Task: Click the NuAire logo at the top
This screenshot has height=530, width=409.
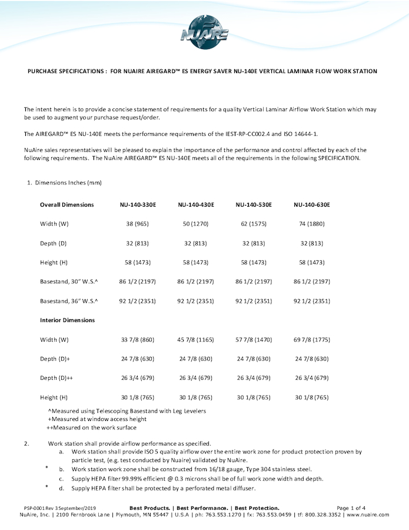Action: pyautogui.click(x=204, y=30)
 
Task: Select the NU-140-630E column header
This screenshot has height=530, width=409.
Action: pyautogui.click(x=312, y=205)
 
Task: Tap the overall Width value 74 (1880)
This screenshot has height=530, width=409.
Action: pyautogui.click(x=312, y=224)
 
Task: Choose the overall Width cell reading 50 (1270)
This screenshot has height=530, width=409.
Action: pyautogui.click(x=196, y=224)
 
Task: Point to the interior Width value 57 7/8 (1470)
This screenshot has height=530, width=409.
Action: pyautogui.click(x=254, y=340)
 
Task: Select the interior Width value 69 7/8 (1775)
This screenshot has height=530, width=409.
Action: pyautogui.click(x=312, y=340)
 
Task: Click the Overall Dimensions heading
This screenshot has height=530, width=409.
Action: pyautogui.click(x=66, y=205)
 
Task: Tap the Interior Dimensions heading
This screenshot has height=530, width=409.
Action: pyautogui.click(x=67, y=320)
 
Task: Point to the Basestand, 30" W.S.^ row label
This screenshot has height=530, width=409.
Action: pyautogui.click(x=69, y=282)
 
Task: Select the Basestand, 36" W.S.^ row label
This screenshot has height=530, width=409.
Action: pyautogui.click(x=69, y=301)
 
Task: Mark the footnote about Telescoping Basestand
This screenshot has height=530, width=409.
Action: pyautogui.click(x=127, y=410)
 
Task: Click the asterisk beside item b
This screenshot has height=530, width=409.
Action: pyautogui.click(x=46, y=468)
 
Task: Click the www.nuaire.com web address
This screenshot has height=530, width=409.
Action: pyautogui.click(x=368, y=515)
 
